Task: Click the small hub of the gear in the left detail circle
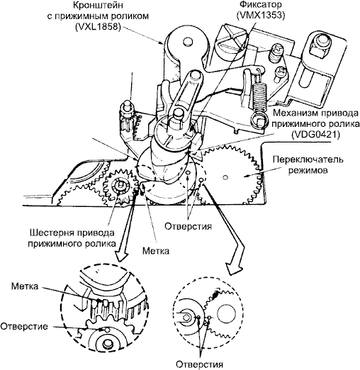point(108,344)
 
